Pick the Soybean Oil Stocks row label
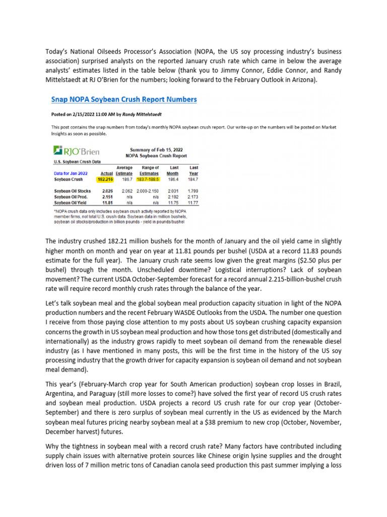pos(72,191)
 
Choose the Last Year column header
pos(193,170)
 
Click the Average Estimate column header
pos(124,170)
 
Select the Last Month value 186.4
pos(172,179)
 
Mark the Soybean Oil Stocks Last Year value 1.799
pos(193,191)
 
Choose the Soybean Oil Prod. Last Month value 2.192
pos(172,197)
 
